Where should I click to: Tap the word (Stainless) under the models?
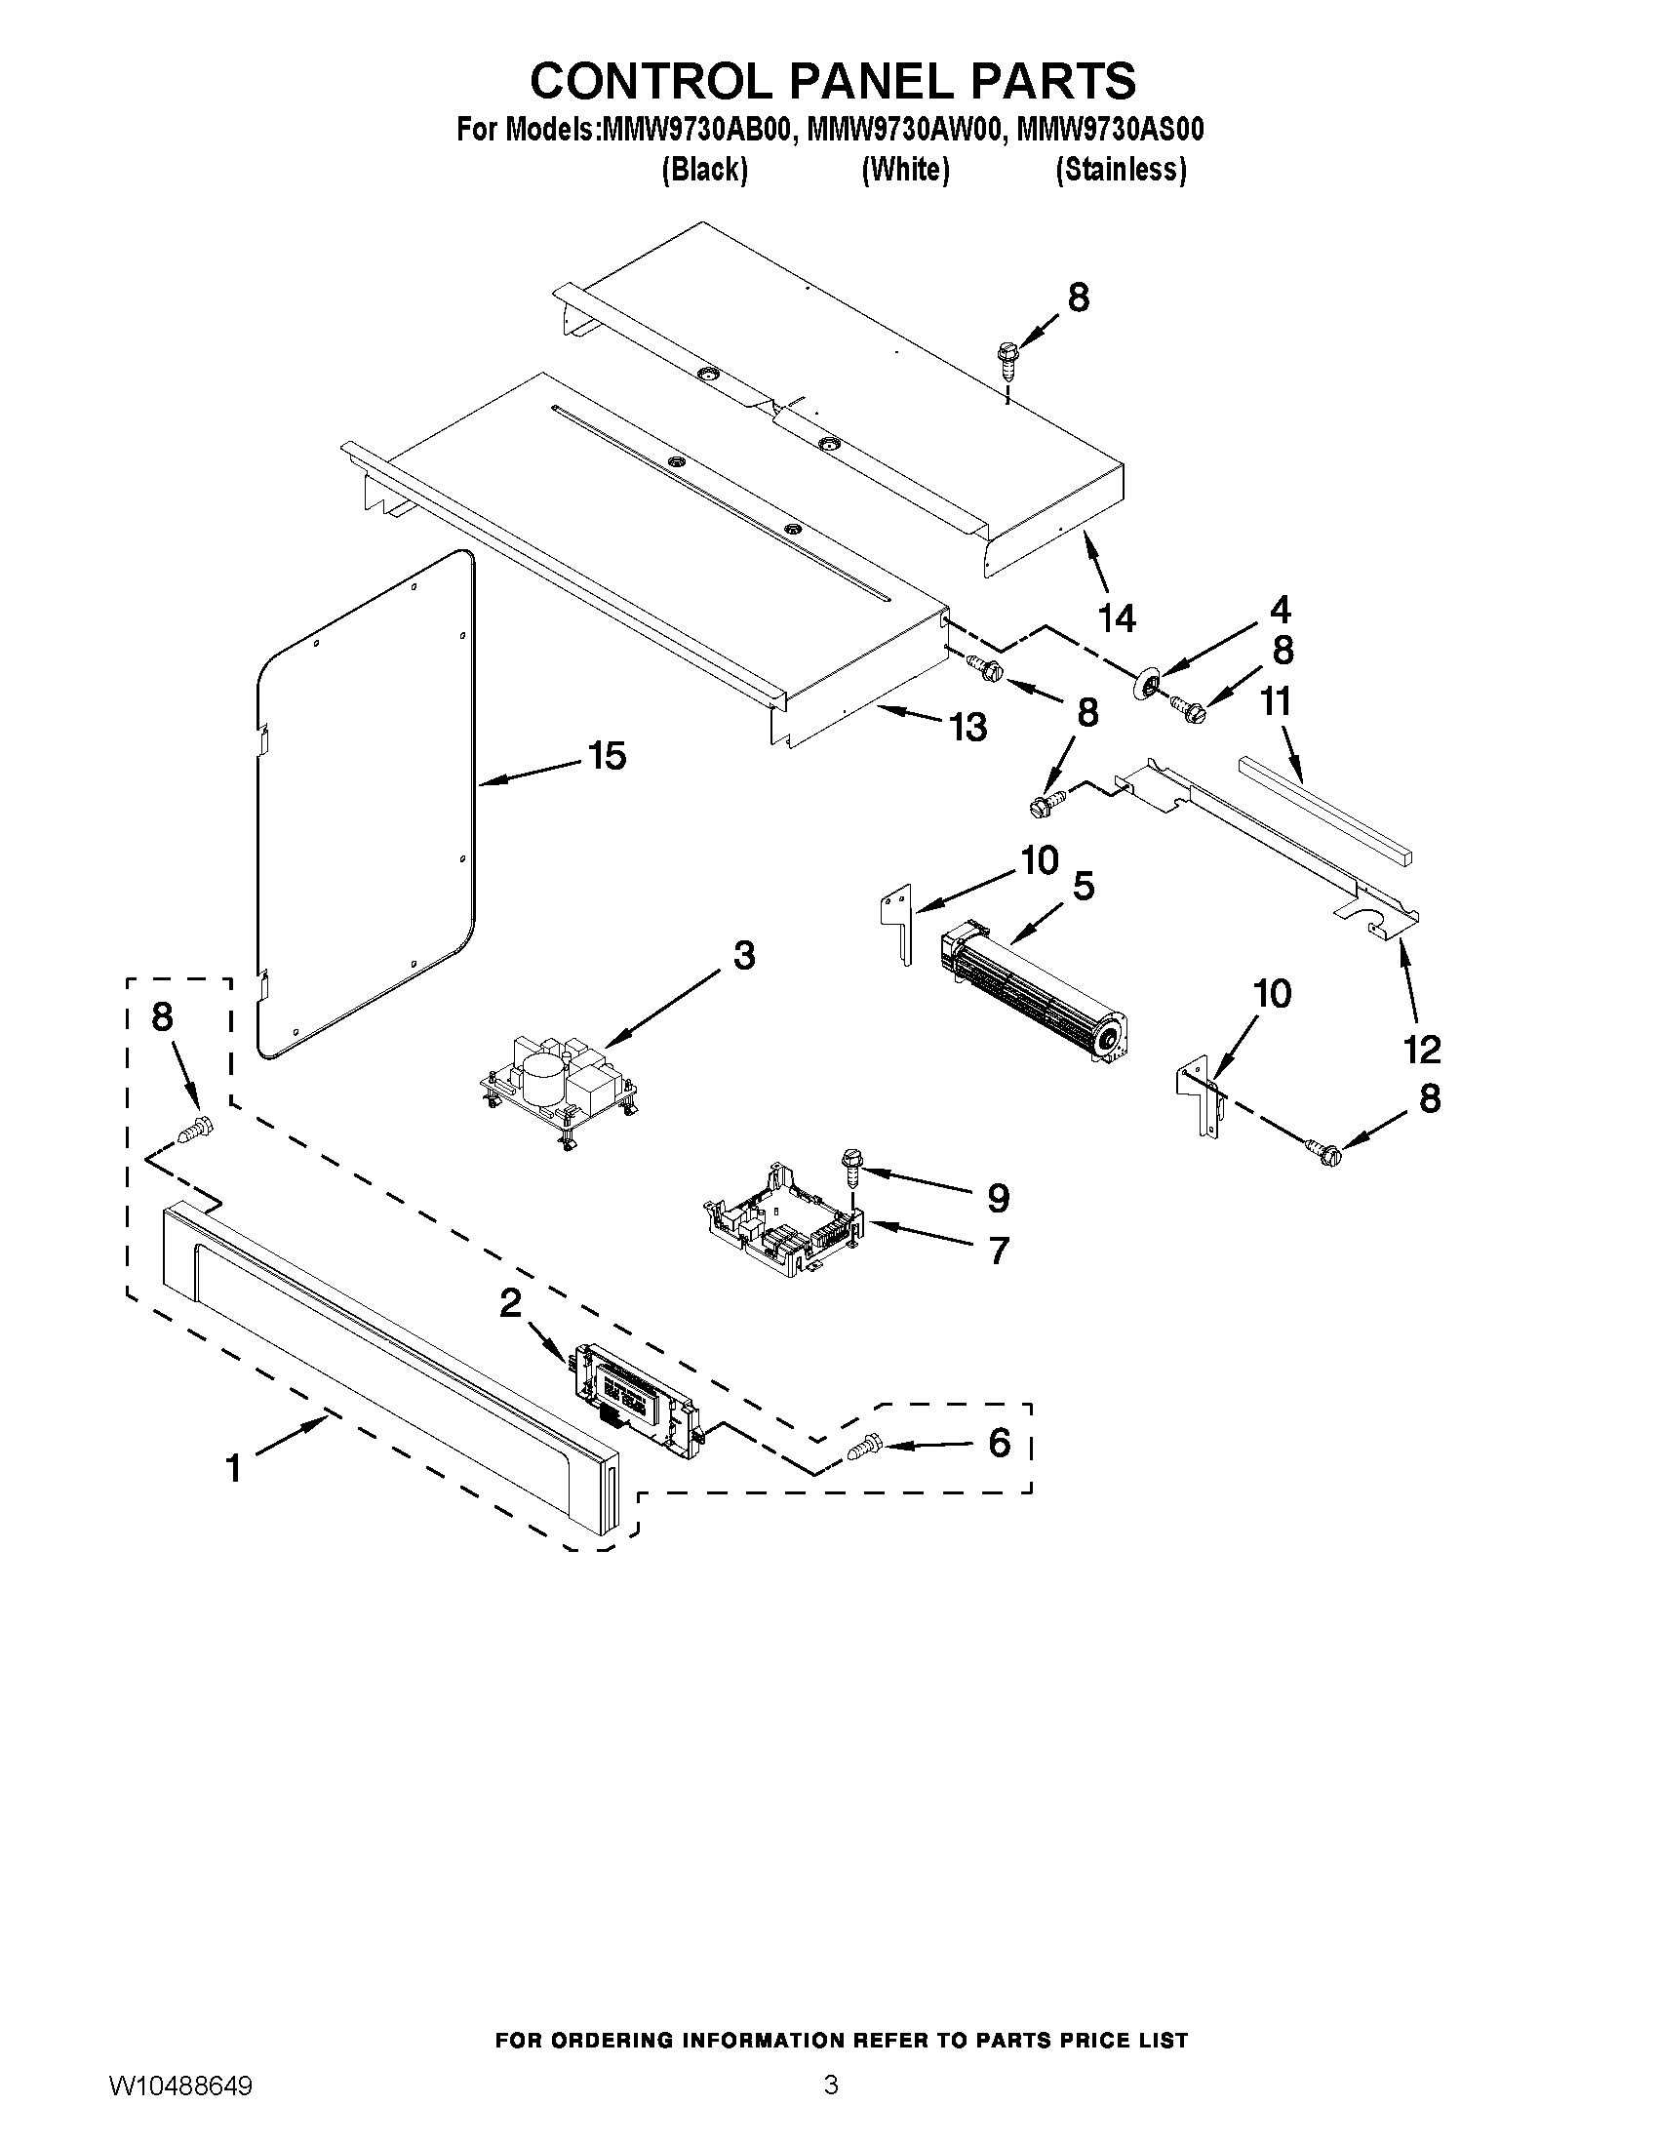point(1121,170)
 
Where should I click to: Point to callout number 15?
point(607,756)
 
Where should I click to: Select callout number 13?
point(967,726)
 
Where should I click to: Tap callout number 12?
point(1421,1049)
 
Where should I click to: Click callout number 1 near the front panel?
point(233,1469)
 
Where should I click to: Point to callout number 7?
point(998,1250)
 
